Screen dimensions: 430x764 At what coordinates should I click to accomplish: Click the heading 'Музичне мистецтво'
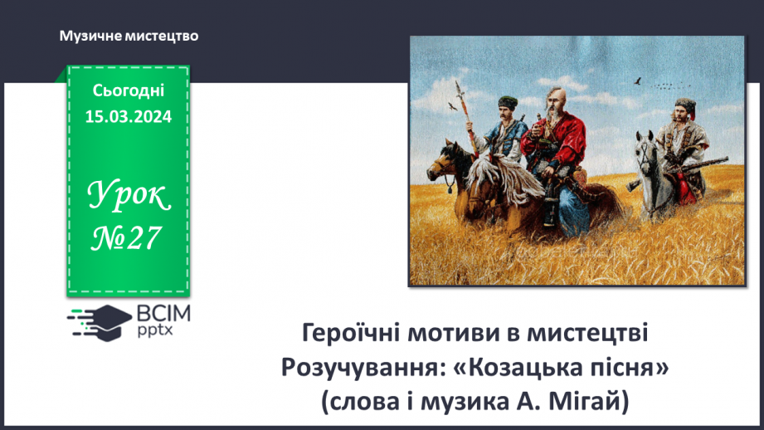129,37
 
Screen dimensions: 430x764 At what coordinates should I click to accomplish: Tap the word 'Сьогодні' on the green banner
128,90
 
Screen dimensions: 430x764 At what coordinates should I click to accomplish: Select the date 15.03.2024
128,117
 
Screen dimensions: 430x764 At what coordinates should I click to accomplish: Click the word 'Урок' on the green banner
129,197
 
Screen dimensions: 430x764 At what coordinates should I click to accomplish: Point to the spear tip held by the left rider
463,83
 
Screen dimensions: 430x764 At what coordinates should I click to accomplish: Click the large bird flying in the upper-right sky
638,81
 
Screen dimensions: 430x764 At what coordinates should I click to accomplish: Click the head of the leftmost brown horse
446,155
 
